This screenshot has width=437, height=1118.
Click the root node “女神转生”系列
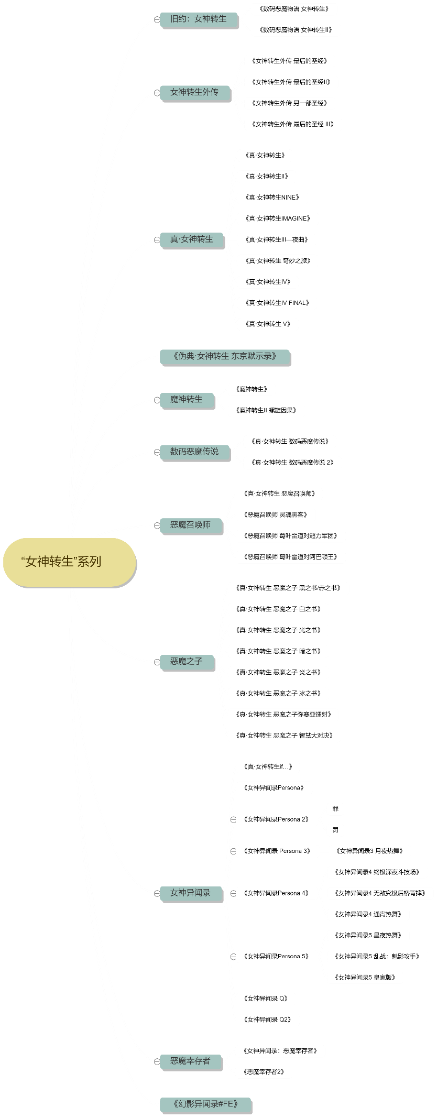coord(69,562)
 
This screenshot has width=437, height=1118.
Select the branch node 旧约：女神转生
coord(199,19)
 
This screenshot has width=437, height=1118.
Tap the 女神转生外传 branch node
coord(194,93)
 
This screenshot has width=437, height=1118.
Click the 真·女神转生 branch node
coord(192,239)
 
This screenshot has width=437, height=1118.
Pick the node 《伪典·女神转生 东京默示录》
coord(225,357)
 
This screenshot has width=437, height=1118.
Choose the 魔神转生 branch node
coord(187,400)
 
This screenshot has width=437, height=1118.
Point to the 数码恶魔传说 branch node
coord(194,452)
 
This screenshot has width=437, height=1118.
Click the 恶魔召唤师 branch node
coord(191,525)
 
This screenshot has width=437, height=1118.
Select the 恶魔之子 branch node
coord(187,662)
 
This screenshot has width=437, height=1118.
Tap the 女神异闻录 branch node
coord(191,893)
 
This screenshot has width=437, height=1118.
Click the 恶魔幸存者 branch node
coord(191,1061)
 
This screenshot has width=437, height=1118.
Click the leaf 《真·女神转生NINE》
coord(272,198)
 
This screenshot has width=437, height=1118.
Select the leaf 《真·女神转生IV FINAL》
coord(277,303)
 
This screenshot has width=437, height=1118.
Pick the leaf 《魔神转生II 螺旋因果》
coord(266,410)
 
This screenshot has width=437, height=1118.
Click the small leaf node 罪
coord(335,809)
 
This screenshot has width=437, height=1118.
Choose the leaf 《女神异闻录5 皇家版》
coord(365,977)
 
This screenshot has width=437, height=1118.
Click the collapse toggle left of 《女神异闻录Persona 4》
coord(234,893)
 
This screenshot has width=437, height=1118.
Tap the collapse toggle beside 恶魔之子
coord(157,662)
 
